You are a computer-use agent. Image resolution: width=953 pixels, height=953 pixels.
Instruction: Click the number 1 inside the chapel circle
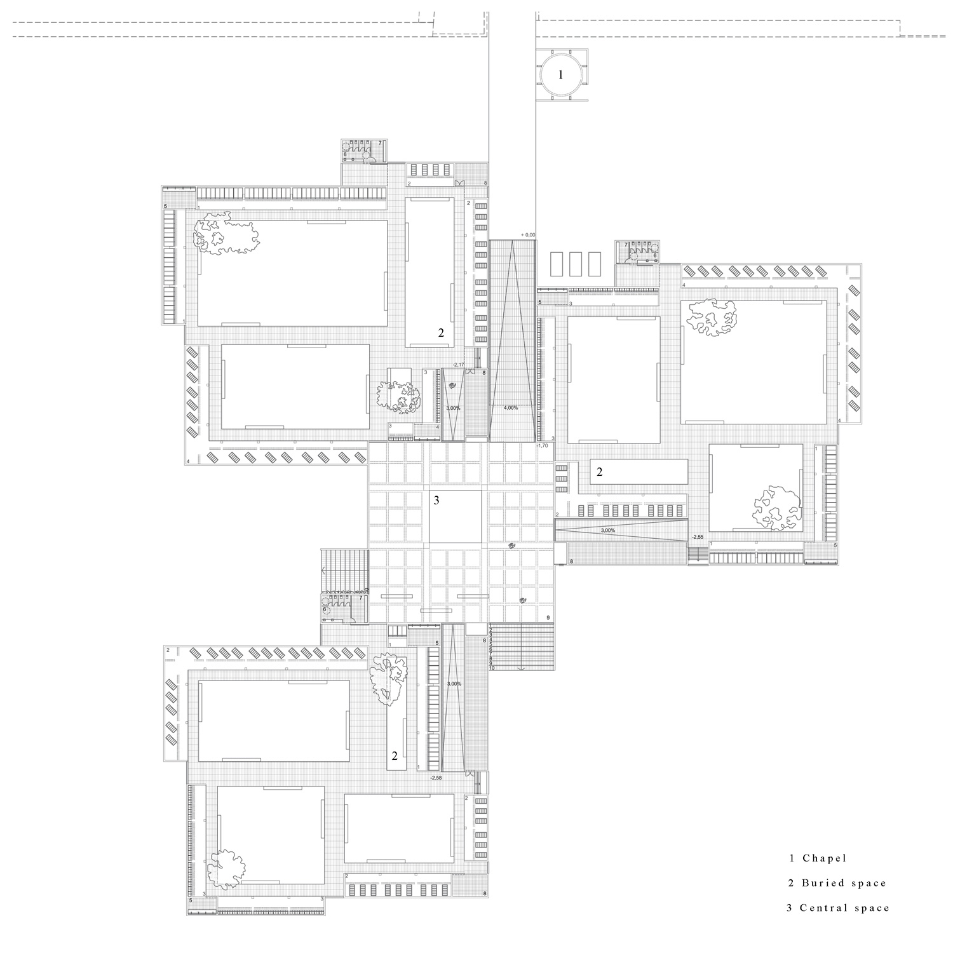560,75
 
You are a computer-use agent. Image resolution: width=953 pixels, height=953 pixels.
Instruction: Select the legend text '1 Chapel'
818,858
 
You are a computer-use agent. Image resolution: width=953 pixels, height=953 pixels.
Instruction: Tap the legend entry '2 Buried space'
837,883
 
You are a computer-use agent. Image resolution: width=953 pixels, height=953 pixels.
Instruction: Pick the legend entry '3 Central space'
838,908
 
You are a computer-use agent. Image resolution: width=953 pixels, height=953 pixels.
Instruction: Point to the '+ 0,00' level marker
528,235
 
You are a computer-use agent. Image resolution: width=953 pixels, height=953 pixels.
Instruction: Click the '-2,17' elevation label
459,365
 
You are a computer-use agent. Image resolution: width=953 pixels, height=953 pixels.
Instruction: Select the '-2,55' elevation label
698,537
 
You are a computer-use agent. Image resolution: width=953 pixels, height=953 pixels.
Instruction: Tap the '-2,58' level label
436,777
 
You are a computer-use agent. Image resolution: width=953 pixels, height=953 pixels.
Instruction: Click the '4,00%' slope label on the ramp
511,407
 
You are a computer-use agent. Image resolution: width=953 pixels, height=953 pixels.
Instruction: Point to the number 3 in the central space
436,501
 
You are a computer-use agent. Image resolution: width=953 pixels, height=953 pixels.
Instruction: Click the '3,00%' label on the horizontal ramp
608,530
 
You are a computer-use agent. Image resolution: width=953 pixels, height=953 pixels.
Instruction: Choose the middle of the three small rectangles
576,264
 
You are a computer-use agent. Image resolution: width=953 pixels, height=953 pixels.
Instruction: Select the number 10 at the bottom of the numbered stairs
492,668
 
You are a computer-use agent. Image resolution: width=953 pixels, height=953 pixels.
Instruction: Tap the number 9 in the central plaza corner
547,618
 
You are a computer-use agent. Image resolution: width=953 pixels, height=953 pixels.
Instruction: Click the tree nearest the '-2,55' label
776,507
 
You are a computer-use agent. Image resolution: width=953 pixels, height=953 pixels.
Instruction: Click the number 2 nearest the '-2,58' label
395,756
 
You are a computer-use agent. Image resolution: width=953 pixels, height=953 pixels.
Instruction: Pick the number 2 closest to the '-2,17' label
441,332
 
